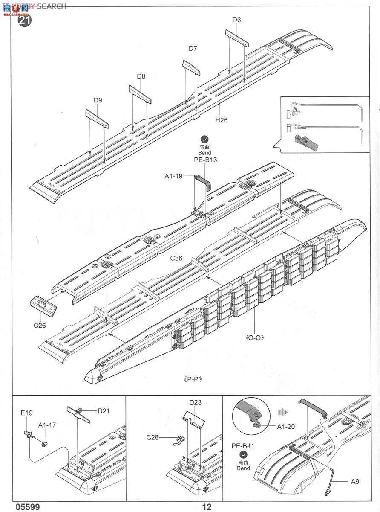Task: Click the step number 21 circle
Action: pos(24,19)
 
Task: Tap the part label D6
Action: pos(237,20)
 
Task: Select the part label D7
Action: pos(193,49)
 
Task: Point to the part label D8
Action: pos(141,76)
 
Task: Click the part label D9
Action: pos(98,101)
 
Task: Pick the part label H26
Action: pos(221,120)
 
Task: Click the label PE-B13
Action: pos(204,160)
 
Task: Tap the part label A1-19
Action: pos(174,175)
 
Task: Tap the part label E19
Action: pos(26,413)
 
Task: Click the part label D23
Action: pos(196,402)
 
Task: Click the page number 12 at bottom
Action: pos(207,507)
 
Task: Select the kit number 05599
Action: pos(28,507)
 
